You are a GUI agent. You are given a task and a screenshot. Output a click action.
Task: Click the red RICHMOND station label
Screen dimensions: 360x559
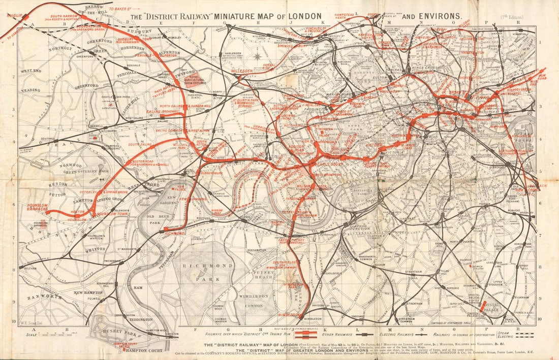(175, 233)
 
